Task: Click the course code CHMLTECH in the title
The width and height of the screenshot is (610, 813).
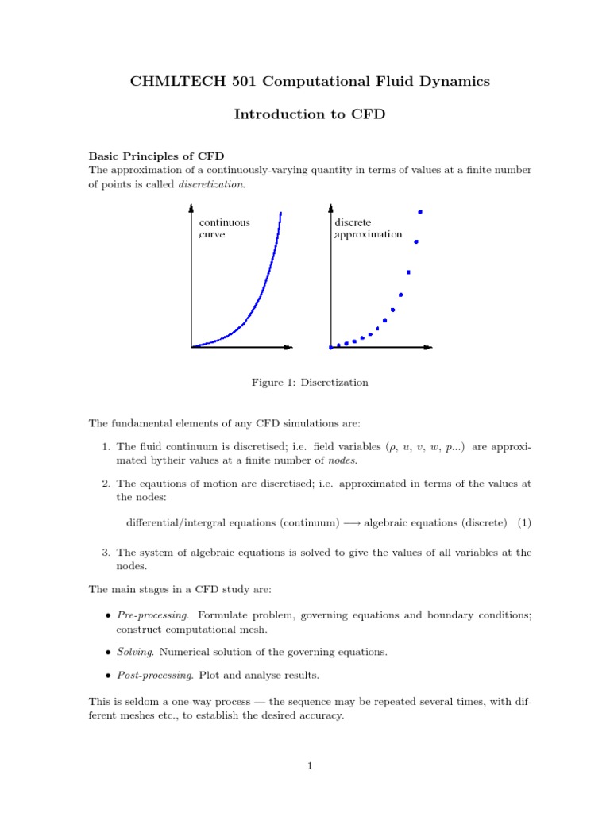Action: [164, 81]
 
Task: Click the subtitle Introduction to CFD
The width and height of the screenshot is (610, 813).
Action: [309, 114]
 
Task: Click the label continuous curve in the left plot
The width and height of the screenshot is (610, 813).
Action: [223, 229]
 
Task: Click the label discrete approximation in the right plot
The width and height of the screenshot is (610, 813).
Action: [368, 229]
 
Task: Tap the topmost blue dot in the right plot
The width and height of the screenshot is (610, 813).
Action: [420, 212]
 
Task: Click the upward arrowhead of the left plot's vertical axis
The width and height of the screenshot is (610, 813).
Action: [191, 209]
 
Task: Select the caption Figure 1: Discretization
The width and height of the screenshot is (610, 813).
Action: [310, 383]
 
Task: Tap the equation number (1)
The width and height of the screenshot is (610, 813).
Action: [523, 522]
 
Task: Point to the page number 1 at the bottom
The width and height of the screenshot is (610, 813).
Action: [310, 766]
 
